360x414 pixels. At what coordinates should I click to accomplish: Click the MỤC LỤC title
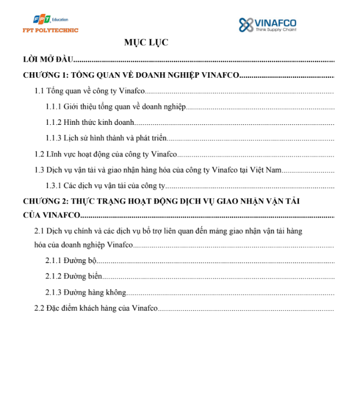click(x=146, y=42)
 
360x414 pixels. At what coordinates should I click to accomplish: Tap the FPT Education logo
click(x=44, y=21)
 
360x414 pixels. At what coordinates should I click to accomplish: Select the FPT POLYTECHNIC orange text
click(x=51, y=30)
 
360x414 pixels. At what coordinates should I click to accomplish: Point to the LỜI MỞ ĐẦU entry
click(x=48, y=59)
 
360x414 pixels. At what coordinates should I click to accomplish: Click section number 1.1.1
click(x=53, y=106)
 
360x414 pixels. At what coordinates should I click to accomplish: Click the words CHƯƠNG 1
click(x=45, y=75)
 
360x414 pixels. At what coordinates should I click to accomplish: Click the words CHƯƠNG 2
click(x=45, y=200)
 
